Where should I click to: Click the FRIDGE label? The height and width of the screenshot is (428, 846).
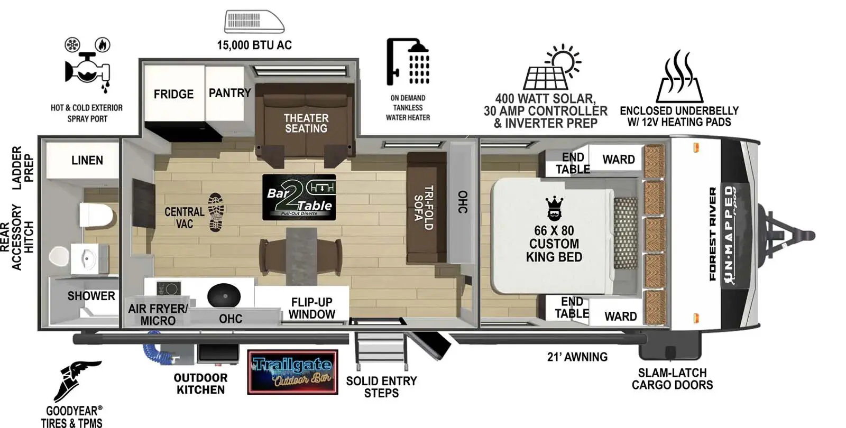173,94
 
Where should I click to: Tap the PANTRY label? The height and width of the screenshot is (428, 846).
229,93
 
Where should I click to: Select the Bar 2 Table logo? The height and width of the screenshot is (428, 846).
299,197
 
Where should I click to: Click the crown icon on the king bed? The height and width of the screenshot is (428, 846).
554,208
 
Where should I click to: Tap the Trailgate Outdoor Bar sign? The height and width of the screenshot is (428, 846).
292,372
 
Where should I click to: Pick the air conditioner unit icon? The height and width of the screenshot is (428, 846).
254,22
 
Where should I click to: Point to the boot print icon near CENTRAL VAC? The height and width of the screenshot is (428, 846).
216,212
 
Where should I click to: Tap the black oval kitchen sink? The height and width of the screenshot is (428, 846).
224,295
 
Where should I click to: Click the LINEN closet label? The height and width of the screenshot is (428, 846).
87,160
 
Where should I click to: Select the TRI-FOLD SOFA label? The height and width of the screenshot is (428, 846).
424,207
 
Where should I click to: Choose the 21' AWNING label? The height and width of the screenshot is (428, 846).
577,357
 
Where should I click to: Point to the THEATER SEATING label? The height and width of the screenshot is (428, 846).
306,123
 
